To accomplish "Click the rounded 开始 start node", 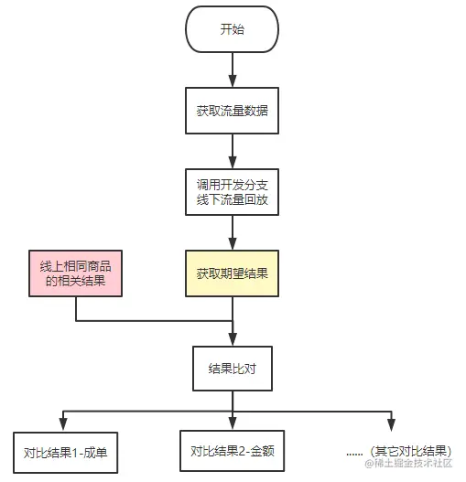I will point(233,30).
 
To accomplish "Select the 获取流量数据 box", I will point(233,111).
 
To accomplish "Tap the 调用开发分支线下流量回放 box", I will point(233,190).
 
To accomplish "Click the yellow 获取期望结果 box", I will point(233,273).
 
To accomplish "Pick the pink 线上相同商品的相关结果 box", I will point(75,273).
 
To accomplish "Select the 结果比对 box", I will point(233,368).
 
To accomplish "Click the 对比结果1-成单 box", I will point(65,452).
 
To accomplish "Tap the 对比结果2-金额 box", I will point(233,451).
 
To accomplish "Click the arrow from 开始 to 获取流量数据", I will point(233,70).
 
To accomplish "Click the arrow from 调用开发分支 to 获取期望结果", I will point(233,230).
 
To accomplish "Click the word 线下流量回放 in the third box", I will point(233,198).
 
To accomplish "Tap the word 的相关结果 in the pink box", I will point(75,281).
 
